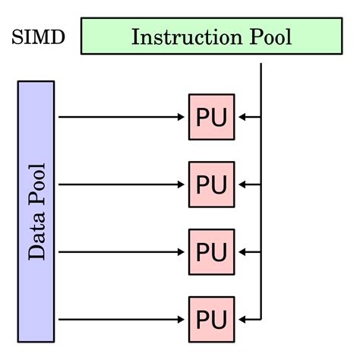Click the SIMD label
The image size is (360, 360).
(x=39, y=37)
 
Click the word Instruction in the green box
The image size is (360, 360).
(x=187, y=37)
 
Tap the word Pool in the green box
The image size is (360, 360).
(x=270, y=37)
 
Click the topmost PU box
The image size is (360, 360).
(x=212, y=117)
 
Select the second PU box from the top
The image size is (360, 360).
(x=212, y=185)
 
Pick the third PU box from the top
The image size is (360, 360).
(x=212, y=252)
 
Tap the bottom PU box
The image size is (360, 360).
(x=212, y=320)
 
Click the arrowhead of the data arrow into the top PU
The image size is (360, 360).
(x=181, y=117)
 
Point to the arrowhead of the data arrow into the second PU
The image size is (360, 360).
(x=181, y=185)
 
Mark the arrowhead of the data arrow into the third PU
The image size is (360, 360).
(x=181, y=252)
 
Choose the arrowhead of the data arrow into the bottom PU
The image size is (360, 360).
(x=181, y=320)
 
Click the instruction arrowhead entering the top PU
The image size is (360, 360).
(x=242, y=117)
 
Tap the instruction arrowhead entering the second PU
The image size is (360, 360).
(x=242, y=185)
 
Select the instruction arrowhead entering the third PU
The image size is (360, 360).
(x=242, y=252)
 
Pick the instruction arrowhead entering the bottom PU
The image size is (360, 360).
(x=242, y=320)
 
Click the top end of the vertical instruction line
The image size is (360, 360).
(x=261, y=64)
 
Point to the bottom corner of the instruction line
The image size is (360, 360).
(x=261, y=320)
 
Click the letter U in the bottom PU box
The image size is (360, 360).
(x=219, y=320)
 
